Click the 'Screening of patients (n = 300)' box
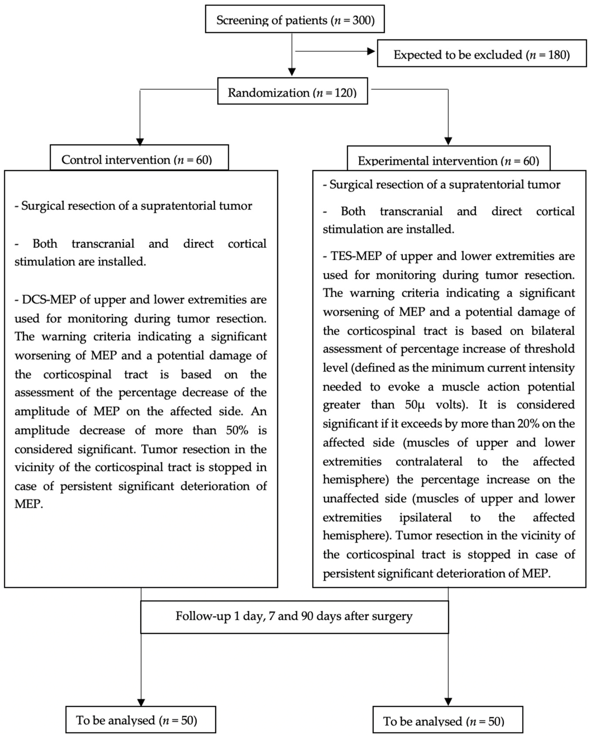coord(295,19)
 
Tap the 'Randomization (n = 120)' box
coord(292,91)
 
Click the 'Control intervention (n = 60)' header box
coord(139,158)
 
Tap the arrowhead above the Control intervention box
coord(140,141)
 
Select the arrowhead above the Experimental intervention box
coord(448,141)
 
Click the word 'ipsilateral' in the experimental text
coord(425,517)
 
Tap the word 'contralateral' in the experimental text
coord(429,461)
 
